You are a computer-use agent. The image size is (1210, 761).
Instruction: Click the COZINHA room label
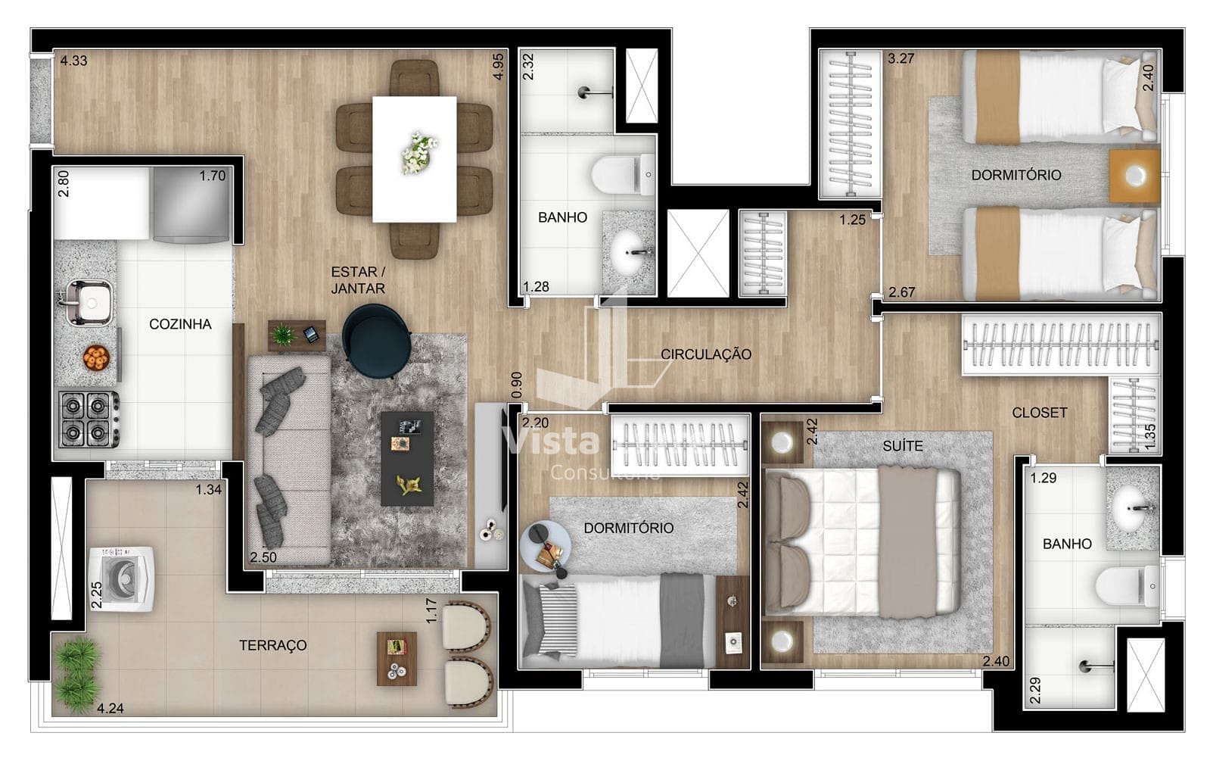180,324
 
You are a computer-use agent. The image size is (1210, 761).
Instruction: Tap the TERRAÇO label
272,645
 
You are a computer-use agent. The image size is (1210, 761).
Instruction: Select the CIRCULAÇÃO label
706,354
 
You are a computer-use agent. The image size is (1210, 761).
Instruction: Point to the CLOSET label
1039,413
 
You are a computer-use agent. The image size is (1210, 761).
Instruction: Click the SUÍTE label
903,446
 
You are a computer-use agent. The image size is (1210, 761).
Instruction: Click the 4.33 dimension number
73,61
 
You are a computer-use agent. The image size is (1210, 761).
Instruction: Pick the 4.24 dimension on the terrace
110,708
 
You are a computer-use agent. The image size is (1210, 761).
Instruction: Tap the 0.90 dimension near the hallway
516,385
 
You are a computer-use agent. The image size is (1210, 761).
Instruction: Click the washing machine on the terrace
122,579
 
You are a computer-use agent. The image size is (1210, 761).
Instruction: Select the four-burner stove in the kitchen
89,419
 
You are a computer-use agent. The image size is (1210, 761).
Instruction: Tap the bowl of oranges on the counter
96,358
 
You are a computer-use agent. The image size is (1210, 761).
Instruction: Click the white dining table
415,160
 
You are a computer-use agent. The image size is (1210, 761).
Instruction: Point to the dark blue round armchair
377,341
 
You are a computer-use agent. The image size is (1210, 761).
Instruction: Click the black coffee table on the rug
407,459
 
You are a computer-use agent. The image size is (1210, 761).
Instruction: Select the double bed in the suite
863,541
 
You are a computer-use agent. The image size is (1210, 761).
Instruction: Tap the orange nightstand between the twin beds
1134,176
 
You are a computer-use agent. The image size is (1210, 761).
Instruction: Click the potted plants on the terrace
79,675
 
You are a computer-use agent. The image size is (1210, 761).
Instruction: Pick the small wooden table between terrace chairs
397,659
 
